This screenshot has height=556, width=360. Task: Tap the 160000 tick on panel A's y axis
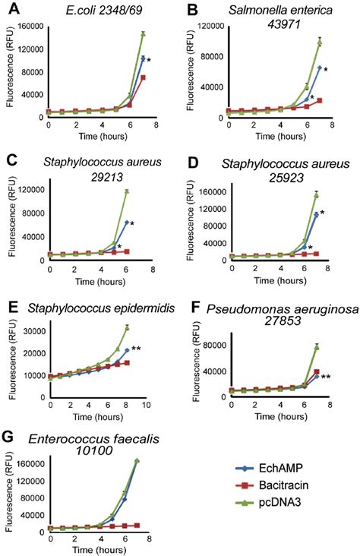pos(30,26)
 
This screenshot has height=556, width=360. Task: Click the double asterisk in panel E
pos(136,349)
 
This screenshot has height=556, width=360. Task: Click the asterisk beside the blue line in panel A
pos(149,60)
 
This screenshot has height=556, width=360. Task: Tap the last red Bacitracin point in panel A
pos(142,77)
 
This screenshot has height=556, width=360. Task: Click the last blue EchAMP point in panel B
pos(319,68)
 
